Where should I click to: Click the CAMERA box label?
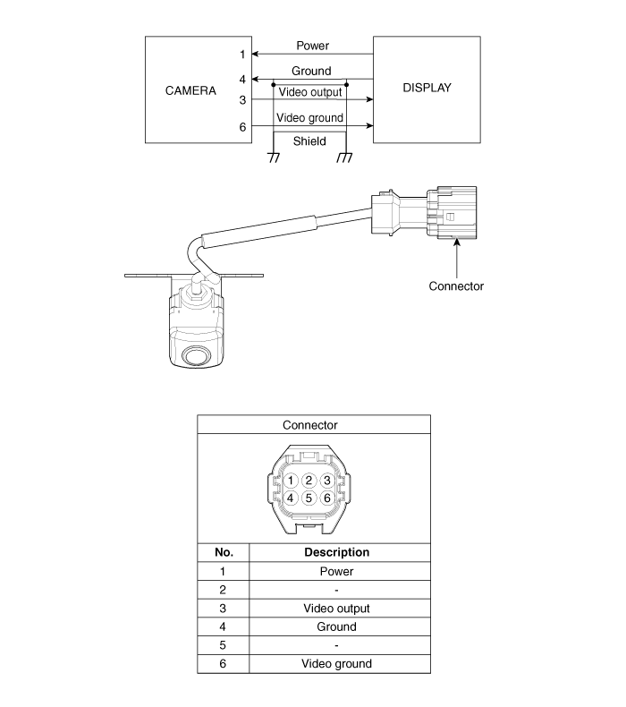pyautogui.click(x=191, y=90)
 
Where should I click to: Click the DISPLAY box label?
pyautogui.click(x=427, y=88)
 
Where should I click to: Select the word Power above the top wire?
pyautogui.click(x=311, y=46)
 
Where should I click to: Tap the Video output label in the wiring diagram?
pyautogui.click(x=310, y=92)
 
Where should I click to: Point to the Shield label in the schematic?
pyautogui.click(x=309, y=141)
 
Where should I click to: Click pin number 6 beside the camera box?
pyautogui.click(x=242, y=127)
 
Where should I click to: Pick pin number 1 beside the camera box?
pyautogui.click(x=242, y=55)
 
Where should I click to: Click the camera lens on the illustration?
pyautogui.click(x=195, y=355)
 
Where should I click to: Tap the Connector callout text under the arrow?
pyautogui.click(x=456, y=286)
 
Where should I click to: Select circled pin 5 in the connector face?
pyautogui.click(x=309, y=498)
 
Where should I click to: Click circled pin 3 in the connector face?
pyautogui.click(x=327, y=481)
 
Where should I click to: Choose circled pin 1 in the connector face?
pyautogui.click(x=291, y=481)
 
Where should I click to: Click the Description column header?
pyautogui.click(x=336, y=552)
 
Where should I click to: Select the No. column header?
pyautogui.click(x=223, y=552)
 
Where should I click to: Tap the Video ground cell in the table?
pyautogui.click(x=336, y=663)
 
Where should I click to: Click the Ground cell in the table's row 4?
pyautogui.click(x=336, y=626)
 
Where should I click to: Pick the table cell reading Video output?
pyautogui.click(x=336, y=608)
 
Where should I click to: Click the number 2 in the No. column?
pyautogui.click(x=223, y=590)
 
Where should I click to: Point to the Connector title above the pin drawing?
pyautogui.click(x=310, y=425)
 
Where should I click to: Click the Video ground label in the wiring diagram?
pyautogui.click(x=310, y=117)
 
